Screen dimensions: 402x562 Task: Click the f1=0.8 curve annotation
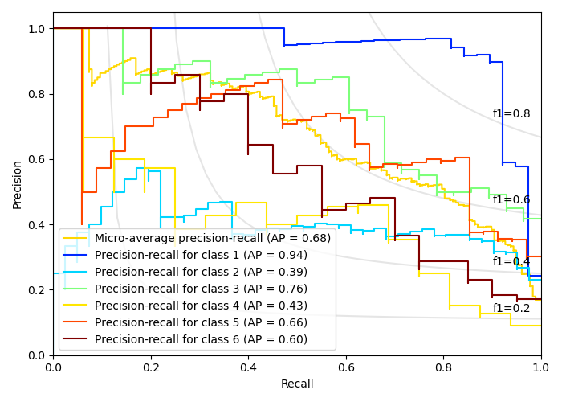point(511,114)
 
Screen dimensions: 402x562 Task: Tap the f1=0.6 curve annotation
point(511,200)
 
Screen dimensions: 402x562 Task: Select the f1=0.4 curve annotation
point(511,261)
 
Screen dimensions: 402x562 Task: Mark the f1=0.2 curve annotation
point(511,308)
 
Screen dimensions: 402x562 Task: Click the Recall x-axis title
point(297,384)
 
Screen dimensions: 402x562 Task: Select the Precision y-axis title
point(18,184)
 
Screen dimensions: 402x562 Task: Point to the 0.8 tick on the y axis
point(37,94)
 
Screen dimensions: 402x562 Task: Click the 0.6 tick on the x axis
point(346,367)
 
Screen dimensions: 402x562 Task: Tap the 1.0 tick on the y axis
point(37,29)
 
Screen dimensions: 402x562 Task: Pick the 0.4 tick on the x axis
point(248,367)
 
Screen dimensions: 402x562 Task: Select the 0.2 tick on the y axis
point(37,290)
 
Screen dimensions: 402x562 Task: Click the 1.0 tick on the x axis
point(541,367)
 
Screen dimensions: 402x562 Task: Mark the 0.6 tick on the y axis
point(37,159)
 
